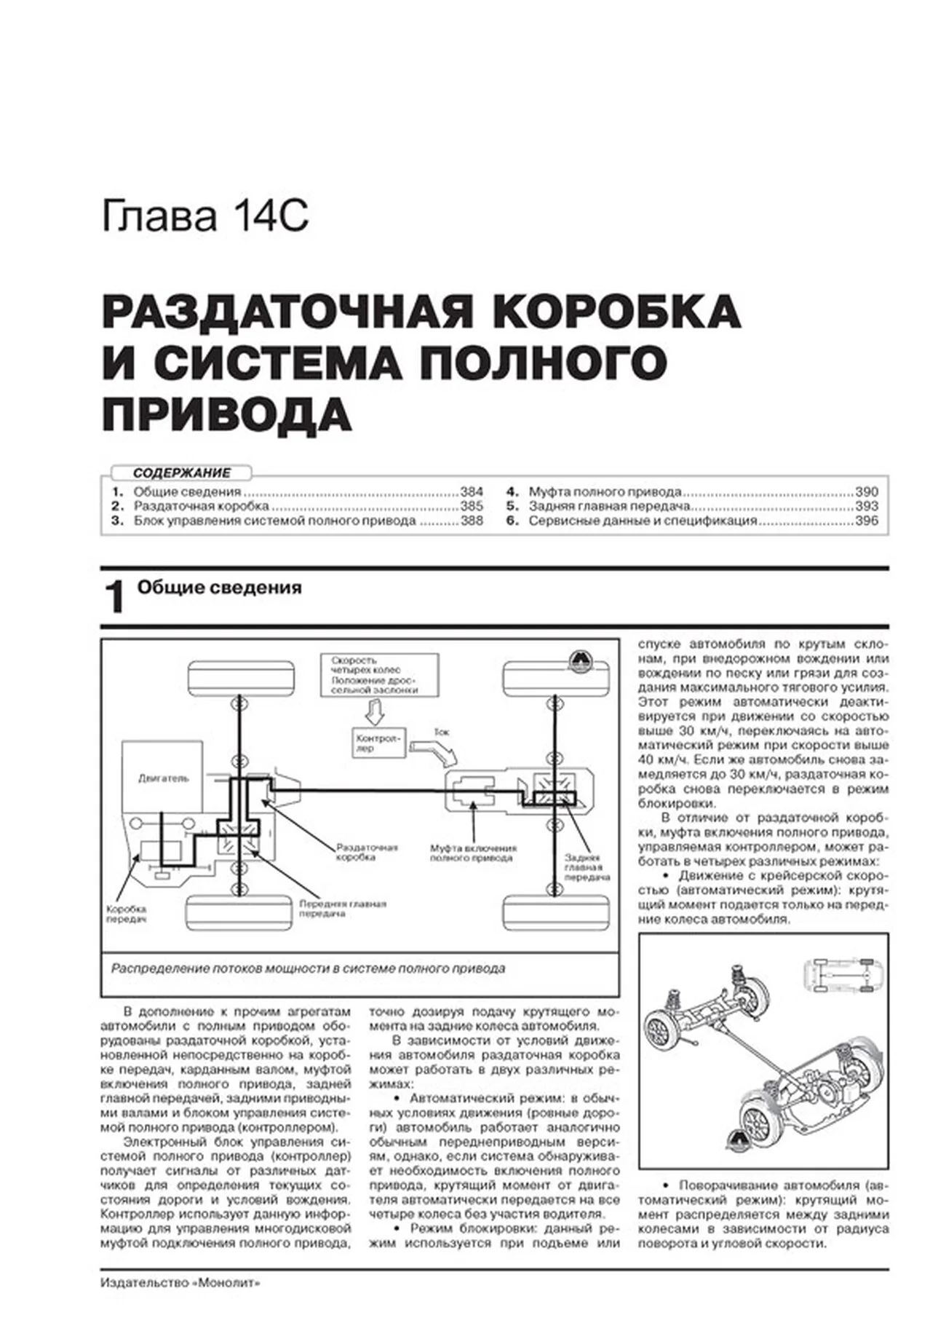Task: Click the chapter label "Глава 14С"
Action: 205,216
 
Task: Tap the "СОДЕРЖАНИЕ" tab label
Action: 181,473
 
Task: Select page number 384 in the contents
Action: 471,491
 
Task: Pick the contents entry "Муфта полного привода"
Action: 604,491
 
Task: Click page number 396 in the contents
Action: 866,521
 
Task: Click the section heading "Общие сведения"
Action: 219,588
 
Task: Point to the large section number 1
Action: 114,598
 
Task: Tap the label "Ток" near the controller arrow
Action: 442,731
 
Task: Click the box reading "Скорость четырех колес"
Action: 379,675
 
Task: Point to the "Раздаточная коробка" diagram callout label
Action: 367,852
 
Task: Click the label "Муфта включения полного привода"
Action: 473,853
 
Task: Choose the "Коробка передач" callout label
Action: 127,913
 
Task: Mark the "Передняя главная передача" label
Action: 342,908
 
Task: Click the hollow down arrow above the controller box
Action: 374,711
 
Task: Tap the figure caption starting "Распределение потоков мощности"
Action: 308,969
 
